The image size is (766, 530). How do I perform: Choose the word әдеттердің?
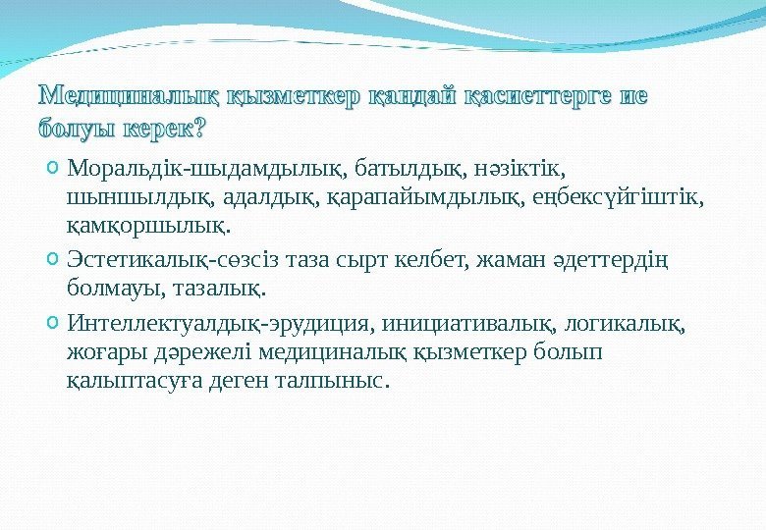[610, 262]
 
